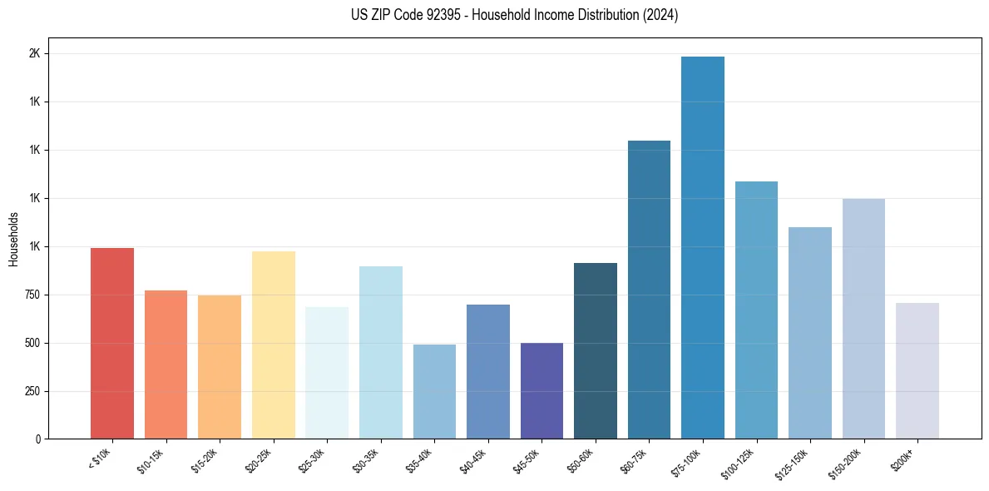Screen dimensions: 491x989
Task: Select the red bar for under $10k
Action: point(112,343)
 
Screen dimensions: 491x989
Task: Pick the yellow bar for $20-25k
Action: point(273,345)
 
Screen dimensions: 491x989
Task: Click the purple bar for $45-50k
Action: point(541,390)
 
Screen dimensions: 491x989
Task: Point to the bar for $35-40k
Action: point(434,391)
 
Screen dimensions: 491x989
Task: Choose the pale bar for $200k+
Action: point(917,370)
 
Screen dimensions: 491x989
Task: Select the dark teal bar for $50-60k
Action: point(595,350)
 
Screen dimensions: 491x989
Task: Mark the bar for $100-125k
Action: point(756,310)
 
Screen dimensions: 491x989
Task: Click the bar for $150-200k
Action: point(863,318)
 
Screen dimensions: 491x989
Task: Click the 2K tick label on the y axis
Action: point(34,53)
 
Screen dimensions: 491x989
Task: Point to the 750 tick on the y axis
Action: point(32,295)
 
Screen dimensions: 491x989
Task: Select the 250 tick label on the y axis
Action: point(32,391)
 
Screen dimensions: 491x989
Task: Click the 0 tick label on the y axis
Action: point(38,439)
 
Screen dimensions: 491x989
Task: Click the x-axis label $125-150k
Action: point(794,462)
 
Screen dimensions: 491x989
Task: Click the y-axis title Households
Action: point(13,239)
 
